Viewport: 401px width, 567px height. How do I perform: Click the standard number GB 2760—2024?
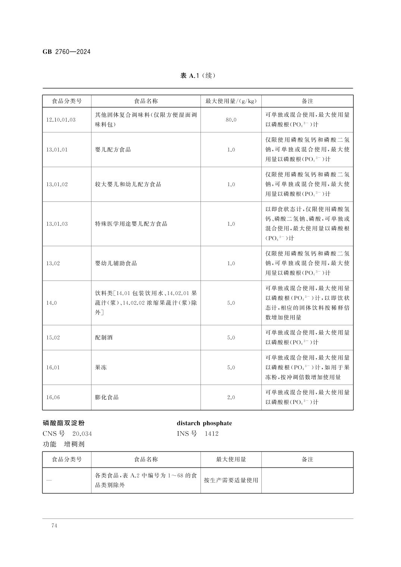66,52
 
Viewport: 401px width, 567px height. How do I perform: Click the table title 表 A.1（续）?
198,76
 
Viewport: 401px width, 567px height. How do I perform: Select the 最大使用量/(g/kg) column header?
231,101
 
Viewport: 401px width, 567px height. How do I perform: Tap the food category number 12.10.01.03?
61,120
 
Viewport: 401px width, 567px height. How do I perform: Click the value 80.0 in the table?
231,120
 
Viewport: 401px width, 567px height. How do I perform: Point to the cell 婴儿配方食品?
113,150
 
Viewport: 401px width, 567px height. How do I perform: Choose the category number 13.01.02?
57,184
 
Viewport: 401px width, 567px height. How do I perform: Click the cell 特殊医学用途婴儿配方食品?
131,224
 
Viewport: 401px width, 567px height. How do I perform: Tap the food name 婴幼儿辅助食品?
116,263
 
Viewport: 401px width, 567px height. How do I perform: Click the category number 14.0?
52,303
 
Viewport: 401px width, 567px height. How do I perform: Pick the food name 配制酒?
104,338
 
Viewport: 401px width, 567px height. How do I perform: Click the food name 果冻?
101,367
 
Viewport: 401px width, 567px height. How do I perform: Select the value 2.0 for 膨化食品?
231,397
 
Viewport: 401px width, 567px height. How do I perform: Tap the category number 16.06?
53,397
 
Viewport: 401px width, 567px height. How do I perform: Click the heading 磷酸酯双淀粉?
63,423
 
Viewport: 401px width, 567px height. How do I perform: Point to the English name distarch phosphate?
204,423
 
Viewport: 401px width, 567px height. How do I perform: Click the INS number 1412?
211,433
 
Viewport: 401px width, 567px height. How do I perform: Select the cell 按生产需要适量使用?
231,480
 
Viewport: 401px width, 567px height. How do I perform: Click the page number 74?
55,526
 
